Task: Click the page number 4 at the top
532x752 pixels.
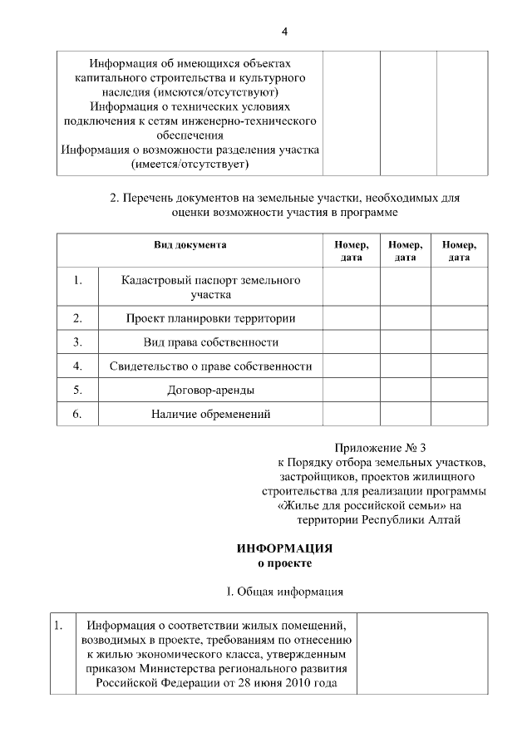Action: [x=284, y=32]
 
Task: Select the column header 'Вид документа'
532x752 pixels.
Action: [x=190, y=245]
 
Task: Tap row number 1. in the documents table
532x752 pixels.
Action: [x=77, y=281]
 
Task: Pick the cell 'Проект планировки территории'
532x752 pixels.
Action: [x=210, y=317]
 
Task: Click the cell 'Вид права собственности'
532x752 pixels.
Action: [x=210, y=342]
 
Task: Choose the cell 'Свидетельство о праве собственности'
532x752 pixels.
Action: [x=210, y=366]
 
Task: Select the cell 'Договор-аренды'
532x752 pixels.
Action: [x=210, y=390]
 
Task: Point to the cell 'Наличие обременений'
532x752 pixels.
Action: [x=210, y=414]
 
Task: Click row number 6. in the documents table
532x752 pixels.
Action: [x=77, y=414]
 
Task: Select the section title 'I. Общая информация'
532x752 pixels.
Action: [x=284, y=592]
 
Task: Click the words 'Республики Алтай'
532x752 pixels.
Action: [x=413, y=519]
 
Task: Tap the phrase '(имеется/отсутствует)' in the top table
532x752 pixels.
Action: [x=190, y=165]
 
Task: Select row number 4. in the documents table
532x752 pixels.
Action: [x=77, y=366]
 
